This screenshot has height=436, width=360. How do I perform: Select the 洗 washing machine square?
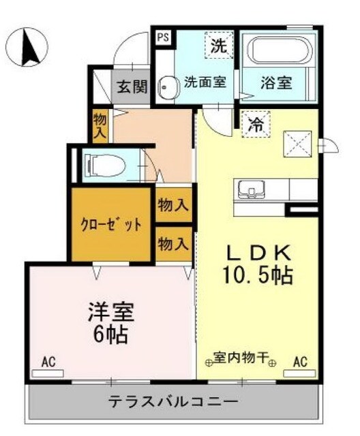point(218,47)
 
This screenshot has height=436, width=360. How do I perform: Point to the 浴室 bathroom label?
point(276,83)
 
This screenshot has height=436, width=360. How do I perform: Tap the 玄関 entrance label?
point(132,87)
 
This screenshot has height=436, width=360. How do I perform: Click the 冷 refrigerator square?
point(255,125)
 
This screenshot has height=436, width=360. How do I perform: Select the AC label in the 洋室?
point(48,361)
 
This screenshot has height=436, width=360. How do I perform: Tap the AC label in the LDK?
point(300,362)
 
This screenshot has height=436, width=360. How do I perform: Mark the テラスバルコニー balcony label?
point(173,401)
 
